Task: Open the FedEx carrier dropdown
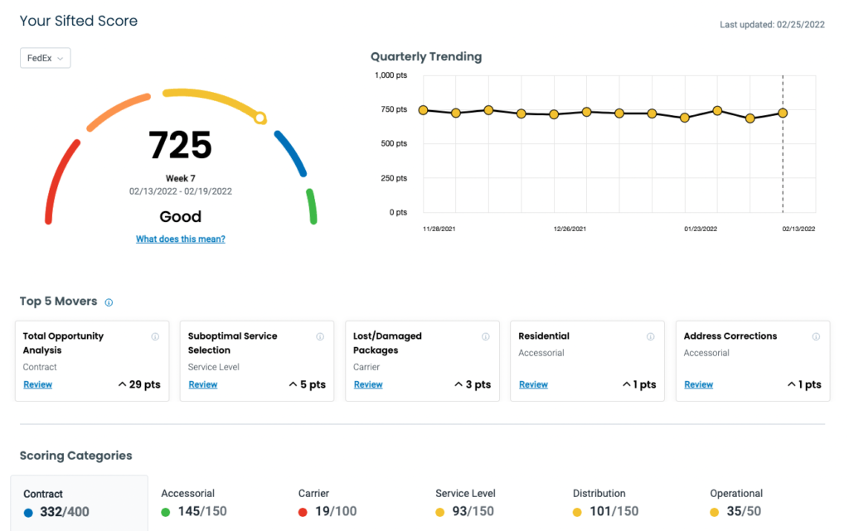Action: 46,58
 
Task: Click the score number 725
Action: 181,145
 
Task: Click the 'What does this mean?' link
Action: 181,239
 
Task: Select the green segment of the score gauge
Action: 313,206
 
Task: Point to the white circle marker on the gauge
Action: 260,118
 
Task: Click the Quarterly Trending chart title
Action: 426,56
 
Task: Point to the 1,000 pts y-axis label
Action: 391,75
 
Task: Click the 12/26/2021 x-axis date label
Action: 570,229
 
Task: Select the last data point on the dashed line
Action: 783,113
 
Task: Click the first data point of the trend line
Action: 423,110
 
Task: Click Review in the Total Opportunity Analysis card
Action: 37,384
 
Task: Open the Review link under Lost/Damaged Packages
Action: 368,384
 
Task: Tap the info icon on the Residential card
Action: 650,336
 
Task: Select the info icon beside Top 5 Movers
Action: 109,302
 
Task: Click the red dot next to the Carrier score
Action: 303,513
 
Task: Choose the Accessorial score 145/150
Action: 201,512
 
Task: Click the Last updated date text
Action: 772,25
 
